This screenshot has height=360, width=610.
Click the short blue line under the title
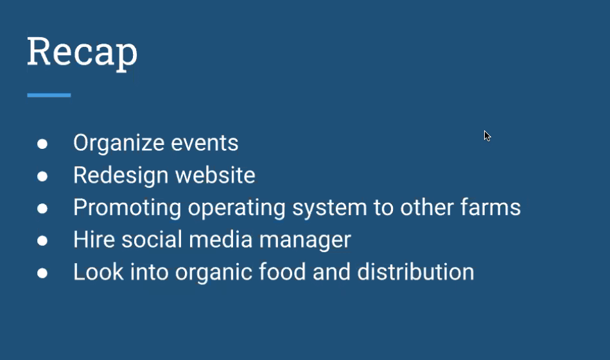[49, 95]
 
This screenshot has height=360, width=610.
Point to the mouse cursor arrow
[487, 135]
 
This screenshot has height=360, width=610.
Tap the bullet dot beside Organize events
[42, 144]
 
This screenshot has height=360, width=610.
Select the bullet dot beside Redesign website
[42, 176]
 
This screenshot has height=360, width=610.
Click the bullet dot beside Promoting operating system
[42, 209]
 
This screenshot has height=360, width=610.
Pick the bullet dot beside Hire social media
[42, 241]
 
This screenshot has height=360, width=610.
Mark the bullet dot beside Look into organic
[42, 273]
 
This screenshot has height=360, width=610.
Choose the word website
[215, 175]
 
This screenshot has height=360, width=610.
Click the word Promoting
[127, 208]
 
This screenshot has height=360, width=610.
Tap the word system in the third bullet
[329, 209]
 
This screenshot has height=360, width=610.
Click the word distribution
[416, 271]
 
